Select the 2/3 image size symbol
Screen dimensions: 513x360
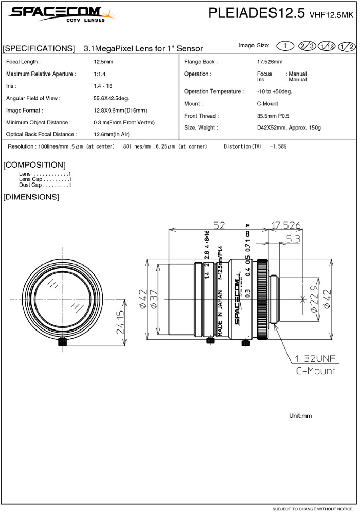(309, 46)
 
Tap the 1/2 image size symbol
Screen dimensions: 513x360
(347, 46)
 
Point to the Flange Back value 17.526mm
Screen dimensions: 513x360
(269, 62)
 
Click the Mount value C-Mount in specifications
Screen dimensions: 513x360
(267, 104)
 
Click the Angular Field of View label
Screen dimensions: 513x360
(33, 98)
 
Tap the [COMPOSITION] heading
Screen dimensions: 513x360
(34, 165)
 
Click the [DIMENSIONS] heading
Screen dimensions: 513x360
(31, 197)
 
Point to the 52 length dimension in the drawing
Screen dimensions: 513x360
(220, 225)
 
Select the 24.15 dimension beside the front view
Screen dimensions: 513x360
(121, 321)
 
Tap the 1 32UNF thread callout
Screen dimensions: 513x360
(315, 359)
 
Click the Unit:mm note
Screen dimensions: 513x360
(301, 416)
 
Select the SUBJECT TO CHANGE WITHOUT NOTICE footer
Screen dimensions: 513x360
(312, 508)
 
